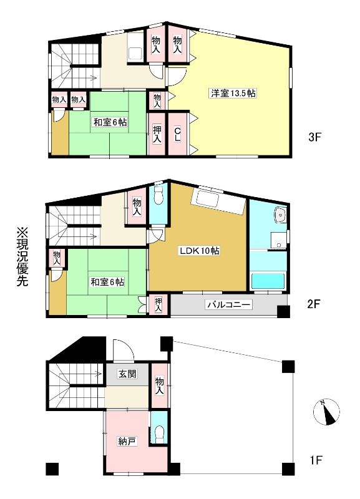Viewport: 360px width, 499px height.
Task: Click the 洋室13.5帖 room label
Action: (x=233, y=93)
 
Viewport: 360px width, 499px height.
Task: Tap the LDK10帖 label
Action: (x=199, y=251)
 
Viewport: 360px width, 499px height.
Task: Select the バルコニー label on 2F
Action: (x=228, y=304)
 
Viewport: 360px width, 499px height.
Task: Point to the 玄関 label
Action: (x=127, y=374)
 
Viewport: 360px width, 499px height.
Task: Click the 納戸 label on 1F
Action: (x=127, y=441)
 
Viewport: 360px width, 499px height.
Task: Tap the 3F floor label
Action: (x=315, y=137)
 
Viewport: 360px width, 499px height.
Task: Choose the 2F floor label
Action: (x=313, y=304)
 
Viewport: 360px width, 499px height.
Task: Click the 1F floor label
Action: (x=316, y=460)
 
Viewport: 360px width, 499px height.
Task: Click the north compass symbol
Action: (x=326, y=412)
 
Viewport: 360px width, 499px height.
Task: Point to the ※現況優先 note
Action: (x=22, y=257)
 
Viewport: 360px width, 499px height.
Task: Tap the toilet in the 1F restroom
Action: (x=159, y=434)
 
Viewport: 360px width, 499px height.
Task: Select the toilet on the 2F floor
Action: (x=158, y=195)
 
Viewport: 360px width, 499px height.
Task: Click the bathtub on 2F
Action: (x=268, y=281)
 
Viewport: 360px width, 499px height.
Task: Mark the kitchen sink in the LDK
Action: (x=207, y=199)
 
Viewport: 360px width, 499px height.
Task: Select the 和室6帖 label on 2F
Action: (x=107, y=282)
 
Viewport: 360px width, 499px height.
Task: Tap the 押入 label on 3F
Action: (x=157, y=133)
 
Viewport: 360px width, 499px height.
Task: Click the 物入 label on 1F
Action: (x=160, y=385)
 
